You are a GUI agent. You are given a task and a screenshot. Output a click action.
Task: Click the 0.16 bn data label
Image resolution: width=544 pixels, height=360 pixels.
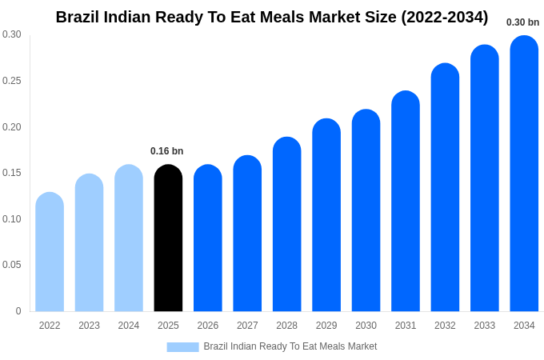pos(166,151)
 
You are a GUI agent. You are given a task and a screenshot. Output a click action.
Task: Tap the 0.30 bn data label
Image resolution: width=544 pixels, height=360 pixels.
pos(522,22)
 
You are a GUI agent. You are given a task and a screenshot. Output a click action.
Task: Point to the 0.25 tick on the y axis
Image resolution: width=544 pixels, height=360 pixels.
pos(12,81)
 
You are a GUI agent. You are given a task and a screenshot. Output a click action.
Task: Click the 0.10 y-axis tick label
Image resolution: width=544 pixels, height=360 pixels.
pos(12,219)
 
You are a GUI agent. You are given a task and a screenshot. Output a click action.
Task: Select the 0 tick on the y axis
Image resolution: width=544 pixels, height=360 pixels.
pos(18,311)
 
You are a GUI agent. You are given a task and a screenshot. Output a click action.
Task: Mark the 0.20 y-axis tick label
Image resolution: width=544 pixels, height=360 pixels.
pos(12,127)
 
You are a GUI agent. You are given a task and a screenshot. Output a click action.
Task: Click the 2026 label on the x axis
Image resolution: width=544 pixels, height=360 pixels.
pos(208,326)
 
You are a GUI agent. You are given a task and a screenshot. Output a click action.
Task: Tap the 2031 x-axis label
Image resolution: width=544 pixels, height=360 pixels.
pos(406,326)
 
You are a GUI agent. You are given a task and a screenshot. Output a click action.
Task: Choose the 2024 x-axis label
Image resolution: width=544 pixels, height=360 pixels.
pos(129,326)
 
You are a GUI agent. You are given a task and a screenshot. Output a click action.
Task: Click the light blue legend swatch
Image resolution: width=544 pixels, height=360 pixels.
pos(182,347)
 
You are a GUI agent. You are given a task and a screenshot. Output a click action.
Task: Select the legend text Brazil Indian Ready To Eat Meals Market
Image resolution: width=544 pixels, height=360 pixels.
pos(290,346)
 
